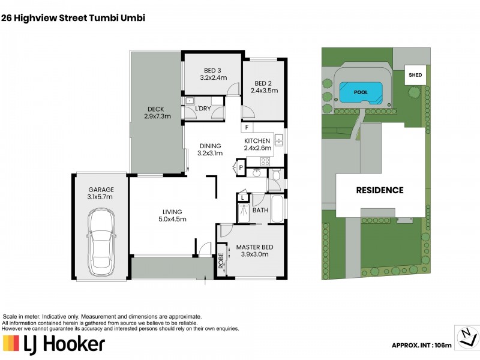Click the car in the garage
(101, 239)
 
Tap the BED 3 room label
(213, 73)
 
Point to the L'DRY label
(203, 109)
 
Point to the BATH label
(260, 211)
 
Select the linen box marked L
(242, 197)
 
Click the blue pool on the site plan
(361, 92)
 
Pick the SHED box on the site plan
(415, 76)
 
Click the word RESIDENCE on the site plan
(380, 190)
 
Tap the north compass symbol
(466, 337)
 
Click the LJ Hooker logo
(54, 343)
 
